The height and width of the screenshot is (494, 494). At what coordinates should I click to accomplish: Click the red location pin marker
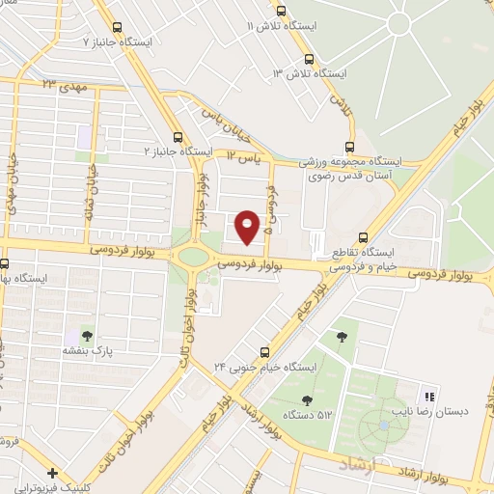click(249, 226)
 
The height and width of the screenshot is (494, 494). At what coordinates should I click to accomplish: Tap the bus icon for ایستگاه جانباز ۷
click(118, 28)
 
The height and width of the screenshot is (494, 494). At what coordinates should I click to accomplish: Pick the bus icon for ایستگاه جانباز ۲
click(177, 137)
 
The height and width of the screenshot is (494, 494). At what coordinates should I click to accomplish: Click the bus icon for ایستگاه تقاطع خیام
click(364, 236)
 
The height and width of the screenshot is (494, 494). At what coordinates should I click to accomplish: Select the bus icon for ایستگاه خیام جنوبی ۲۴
click(264, 352)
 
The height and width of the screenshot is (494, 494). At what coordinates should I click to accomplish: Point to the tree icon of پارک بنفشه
click(87, 336)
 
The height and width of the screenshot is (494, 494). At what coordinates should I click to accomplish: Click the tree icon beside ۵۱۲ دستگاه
click(307, 399)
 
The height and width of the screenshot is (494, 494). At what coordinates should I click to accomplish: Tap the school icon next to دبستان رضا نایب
click(429, 396)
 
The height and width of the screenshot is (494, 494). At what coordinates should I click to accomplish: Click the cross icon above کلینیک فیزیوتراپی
click(52, 474)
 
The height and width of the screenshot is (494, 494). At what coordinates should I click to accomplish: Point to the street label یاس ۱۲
click(245, 154)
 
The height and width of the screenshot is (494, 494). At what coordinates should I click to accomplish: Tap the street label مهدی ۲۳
click(65, 86)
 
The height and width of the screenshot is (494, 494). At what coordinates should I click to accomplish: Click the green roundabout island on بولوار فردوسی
click(194, 258)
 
